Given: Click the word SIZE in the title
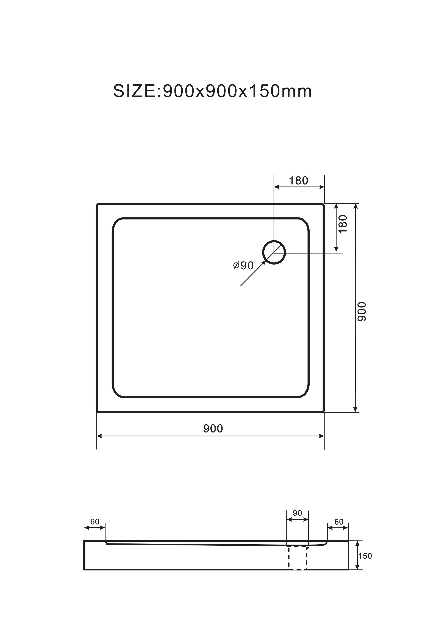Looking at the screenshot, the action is coord(134,91).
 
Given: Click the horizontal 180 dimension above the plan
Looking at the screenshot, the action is coord(298,181).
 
